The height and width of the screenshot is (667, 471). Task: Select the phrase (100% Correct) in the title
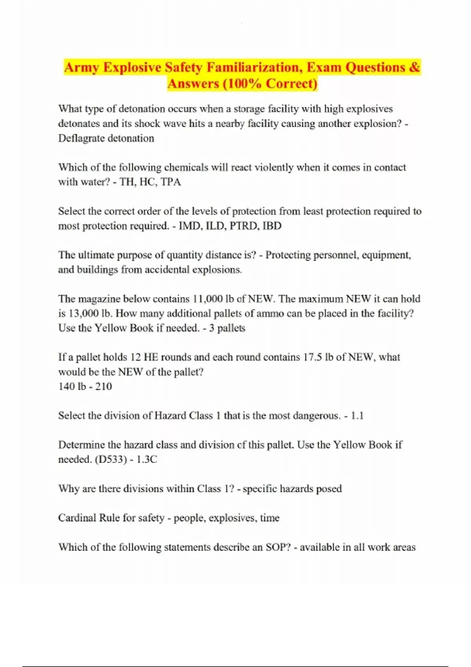pos(270,84)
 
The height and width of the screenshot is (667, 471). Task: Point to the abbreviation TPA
pos(171,182)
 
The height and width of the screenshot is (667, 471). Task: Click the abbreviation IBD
pos(272,226)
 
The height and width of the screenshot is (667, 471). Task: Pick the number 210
pos(104,386)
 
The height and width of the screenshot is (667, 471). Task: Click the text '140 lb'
pos(72,386)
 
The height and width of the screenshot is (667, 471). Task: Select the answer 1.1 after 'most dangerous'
pos(357,416)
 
